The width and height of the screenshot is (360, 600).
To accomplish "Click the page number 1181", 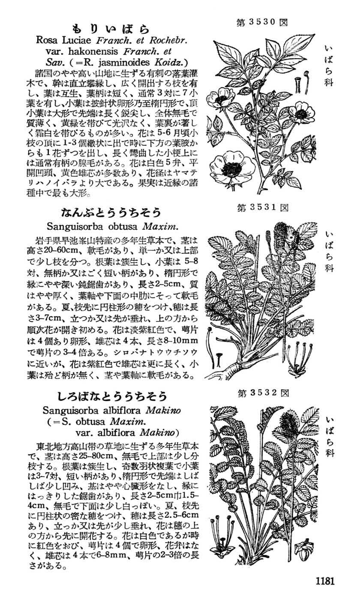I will tap(324, 581).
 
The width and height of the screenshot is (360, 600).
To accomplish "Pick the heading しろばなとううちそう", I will tap(112, 395).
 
